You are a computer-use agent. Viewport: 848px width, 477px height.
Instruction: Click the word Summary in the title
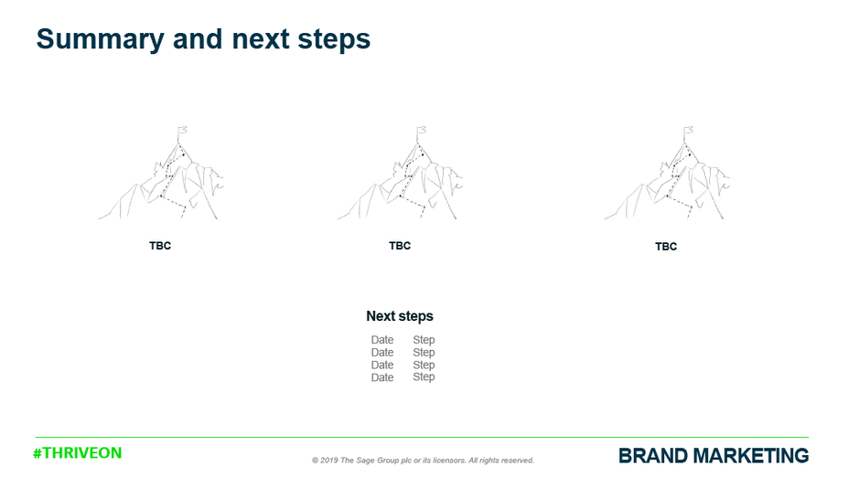click(100, 40)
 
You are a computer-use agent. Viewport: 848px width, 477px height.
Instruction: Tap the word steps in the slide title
click(334, 40)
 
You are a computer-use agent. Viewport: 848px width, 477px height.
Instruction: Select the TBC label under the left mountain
click(160, 246)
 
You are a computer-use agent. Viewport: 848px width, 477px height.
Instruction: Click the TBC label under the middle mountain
click(400, 246)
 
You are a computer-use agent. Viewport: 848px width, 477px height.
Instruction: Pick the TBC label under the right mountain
click(666, 247)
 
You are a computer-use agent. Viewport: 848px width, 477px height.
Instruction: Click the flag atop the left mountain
click(182, 132)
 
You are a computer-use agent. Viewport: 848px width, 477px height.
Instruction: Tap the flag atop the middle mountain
click(421, 132)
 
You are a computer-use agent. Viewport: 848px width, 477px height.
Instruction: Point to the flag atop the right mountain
click(688, 132)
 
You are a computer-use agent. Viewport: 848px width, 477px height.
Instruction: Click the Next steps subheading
click(400, 316)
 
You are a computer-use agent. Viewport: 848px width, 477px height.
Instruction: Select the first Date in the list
click(382, 340)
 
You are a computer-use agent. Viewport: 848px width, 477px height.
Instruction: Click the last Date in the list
click(382, 377)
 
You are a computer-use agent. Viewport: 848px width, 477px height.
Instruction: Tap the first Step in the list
click(424, 340)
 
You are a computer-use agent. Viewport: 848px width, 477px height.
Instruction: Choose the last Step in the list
click(424, 377)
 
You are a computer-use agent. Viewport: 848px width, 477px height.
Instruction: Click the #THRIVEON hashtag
click(78, 453)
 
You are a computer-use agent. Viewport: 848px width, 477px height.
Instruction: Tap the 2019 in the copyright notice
click(328, 461)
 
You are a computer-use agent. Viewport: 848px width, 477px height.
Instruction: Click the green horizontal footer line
click(422, 437)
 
